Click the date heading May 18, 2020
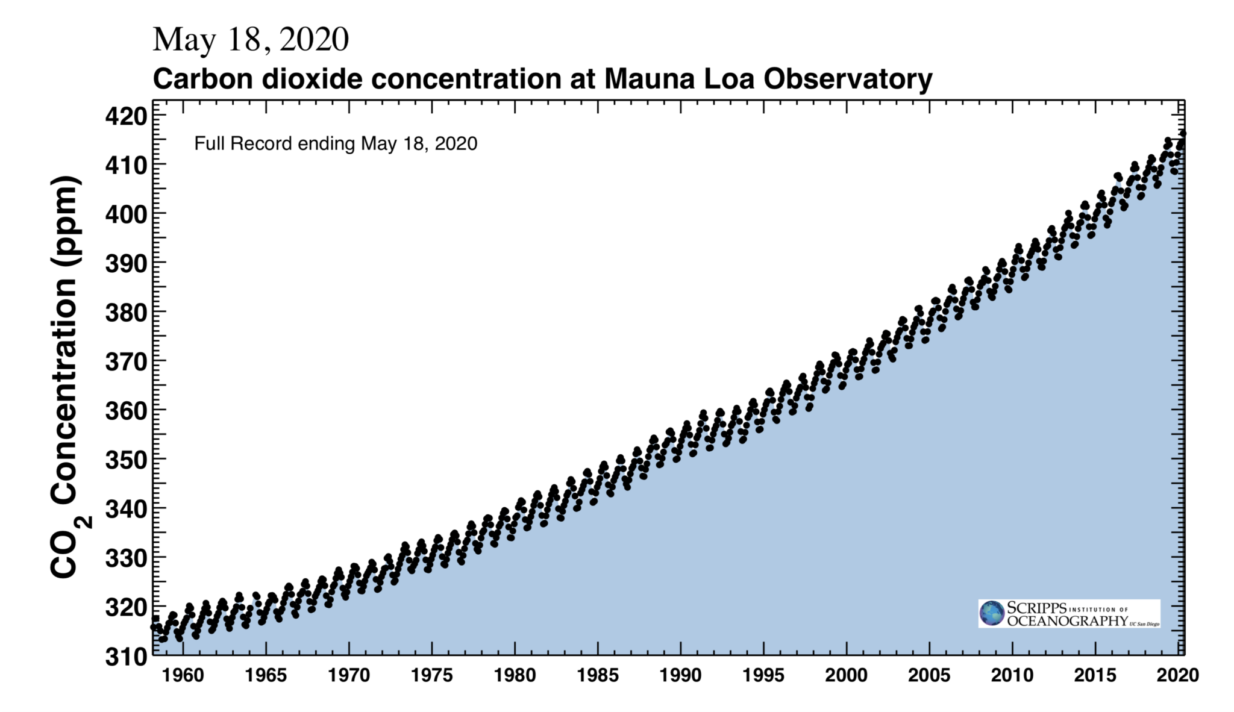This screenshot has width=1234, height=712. click(251, 40)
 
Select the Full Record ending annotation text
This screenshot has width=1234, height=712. click(336, 144)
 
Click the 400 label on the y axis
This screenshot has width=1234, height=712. click(127, 214)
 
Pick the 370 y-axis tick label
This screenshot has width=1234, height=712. click(127, 362)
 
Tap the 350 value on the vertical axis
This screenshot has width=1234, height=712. click(127, 460)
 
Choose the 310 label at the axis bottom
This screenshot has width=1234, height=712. click(127, 657)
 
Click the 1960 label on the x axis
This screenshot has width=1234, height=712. click(183, 675)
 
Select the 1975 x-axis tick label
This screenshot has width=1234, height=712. click(431, 675)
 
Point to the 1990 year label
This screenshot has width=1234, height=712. click(680, 675)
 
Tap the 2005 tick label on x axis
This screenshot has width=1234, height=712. click(929, 675)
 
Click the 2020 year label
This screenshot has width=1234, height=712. click(1177, 675)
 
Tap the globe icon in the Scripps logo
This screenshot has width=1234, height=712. click(991, 613)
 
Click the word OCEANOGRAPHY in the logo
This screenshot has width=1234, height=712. click(1067, 621)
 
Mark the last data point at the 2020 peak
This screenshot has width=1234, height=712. click(1183, 133)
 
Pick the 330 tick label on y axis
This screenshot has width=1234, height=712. click(127, 558)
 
